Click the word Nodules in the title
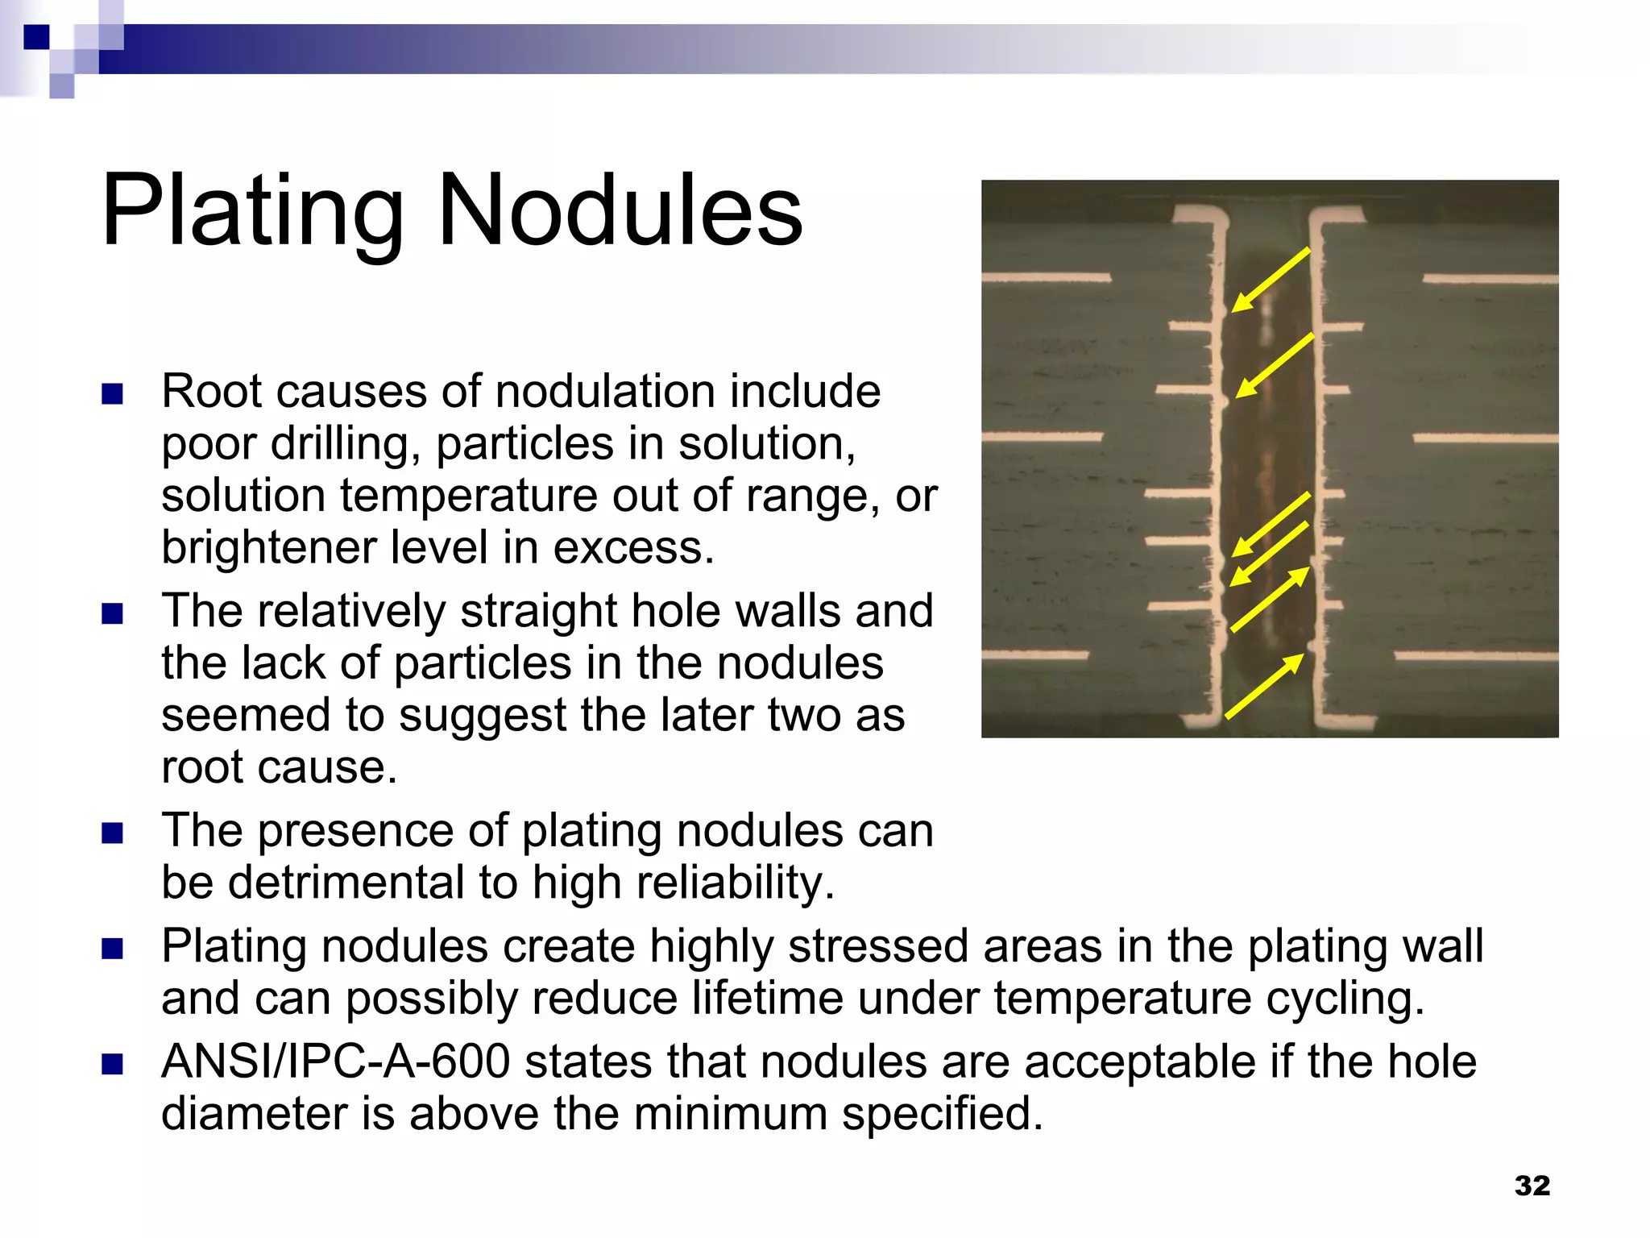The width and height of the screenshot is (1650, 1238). (x=620, y=211)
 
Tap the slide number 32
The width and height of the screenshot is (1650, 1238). (x=1532, y=1185)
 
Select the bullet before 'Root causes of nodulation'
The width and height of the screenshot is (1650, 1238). (x=113, y=394)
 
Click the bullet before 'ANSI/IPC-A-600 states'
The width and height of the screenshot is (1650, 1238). (x=113, y=1064)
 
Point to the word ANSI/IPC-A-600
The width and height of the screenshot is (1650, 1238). (x=335, y=1061)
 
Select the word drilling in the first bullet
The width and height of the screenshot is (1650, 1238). (x=344, y=443)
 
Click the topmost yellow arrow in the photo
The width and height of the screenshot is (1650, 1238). (x=1271, y=280)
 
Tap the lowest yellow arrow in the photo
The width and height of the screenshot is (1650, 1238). (x=1263, y=686)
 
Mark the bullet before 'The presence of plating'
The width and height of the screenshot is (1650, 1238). (x=113, y=833)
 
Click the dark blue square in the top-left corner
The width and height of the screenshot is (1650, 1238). (x=36, y=37)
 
